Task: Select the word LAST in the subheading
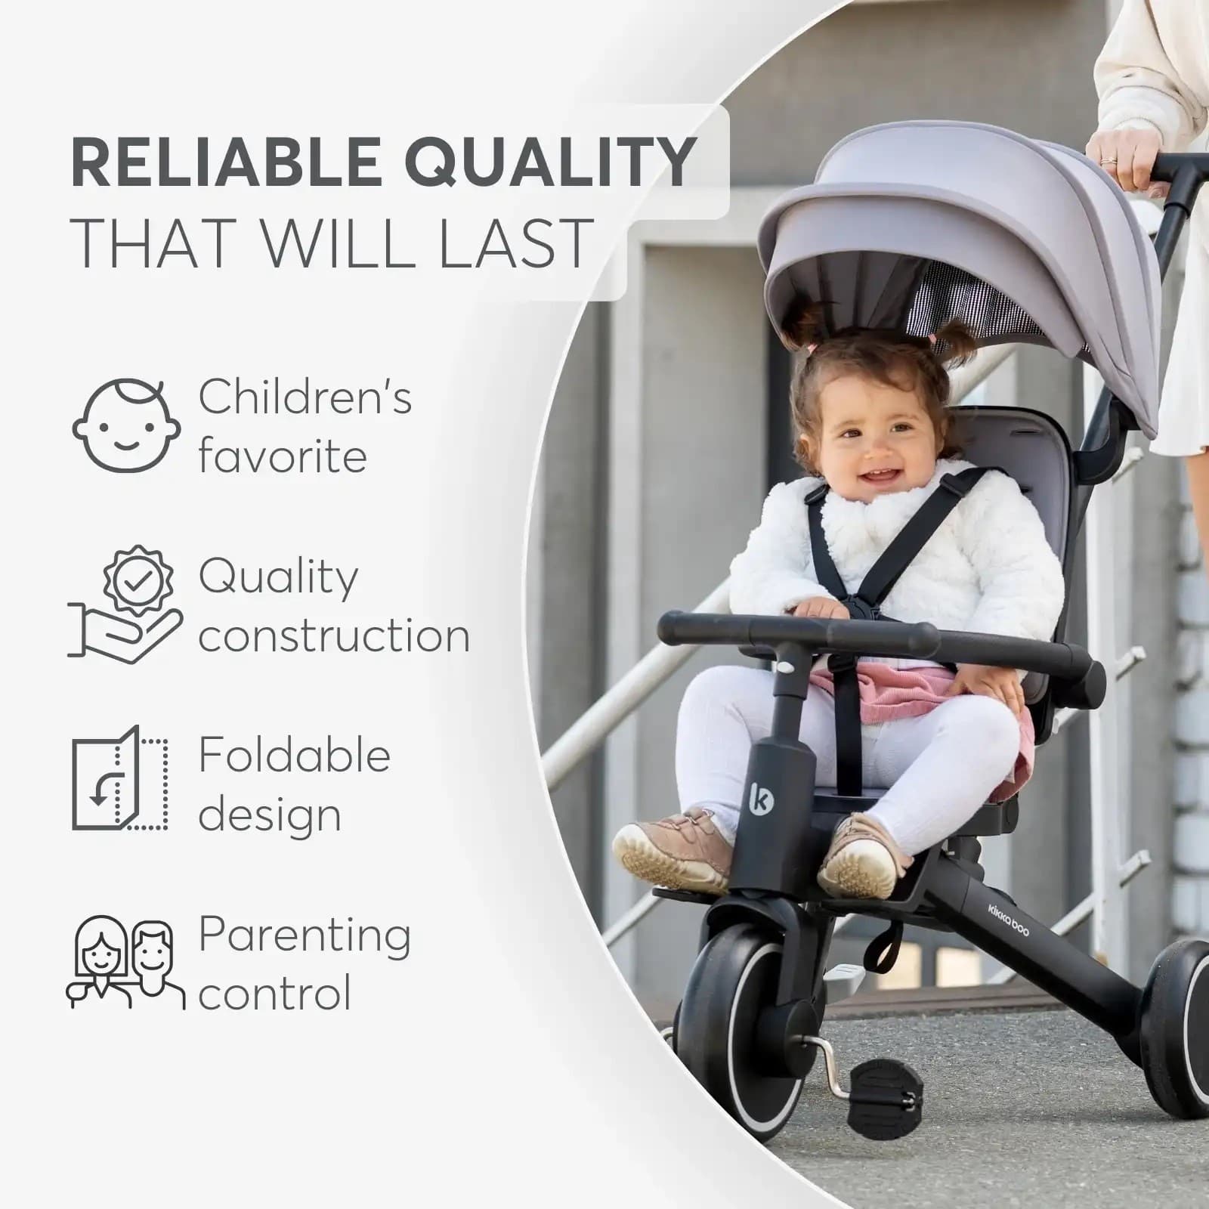[515, 243]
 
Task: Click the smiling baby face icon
[127, 426]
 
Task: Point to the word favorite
[283, 456]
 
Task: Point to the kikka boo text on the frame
[1009, 920]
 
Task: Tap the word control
[275, 994]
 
